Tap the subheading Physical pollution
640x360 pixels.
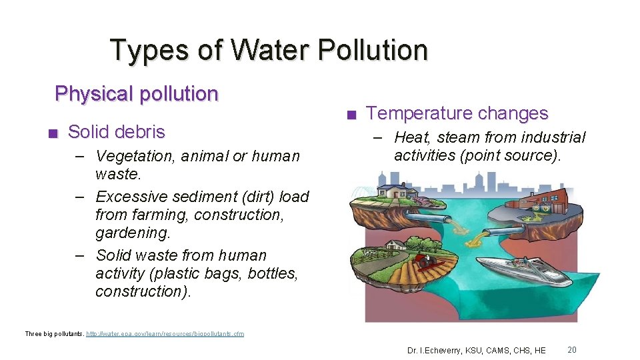pos(137,93)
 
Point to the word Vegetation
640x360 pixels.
pos(129,156)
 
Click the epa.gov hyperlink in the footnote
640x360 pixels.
pos(166,333)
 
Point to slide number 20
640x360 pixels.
pos(572,349)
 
